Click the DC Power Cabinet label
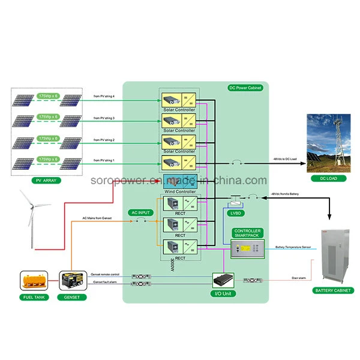[x=245, y=88]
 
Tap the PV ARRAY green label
[x=46, y=180]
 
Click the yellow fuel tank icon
[x=35, y=280]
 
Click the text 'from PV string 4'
[x=104, y=96]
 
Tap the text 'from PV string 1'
[x=104, y=161]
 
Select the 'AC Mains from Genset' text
[x=97, y=218]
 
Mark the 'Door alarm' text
[x=299, y=277]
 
